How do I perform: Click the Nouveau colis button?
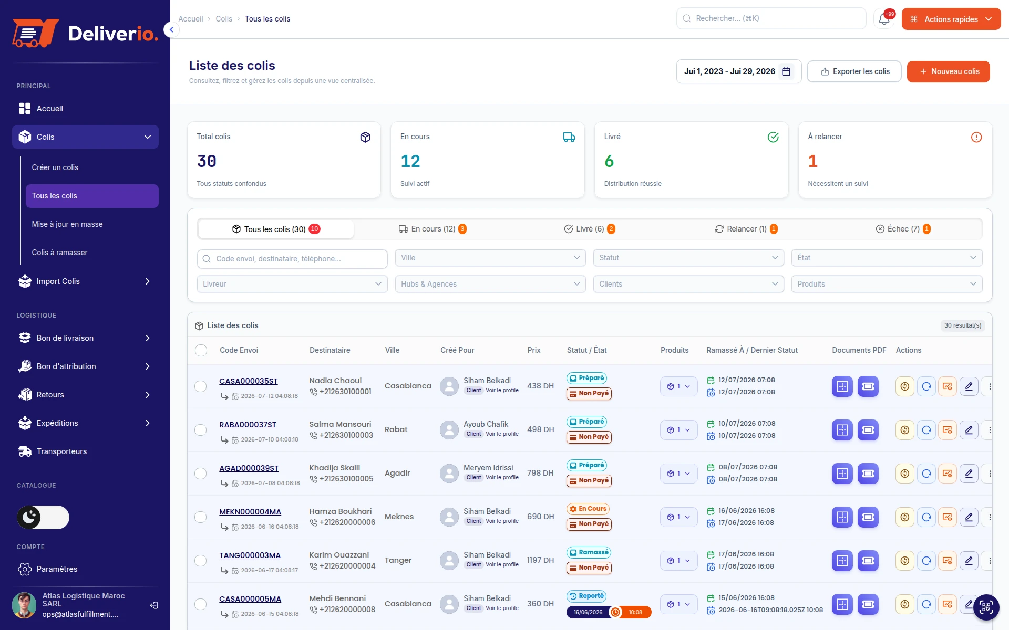(x=948, y=71)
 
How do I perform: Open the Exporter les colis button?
(x=854, y=71)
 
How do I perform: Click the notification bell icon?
(x=884, y=19)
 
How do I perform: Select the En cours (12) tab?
(x=433, y=229)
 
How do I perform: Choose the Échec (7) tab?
(x=903, y=229)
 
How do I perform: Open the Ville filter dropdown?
(x=490, y=258)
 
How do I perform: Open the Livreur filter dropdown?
(x=292, y=284)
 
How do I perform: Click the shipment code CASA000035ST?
(x=249, y=381)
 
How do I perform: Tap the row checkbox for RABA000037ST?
(x=201, y=430)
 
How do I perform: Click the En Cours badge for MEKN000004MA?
(x=588, y=509)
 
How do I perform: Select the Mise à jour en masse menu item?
(x=67, y=224)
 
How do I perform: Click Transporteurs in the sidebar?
(x=61, y=451)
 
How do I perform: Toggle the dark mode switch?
(x=43, y=518)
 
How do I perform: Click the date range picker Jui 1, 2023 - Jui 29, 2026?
(x=738, y=71)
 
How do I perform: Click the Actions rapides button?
(x=951, y=19)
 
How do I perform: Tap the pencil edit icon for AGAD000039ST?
(x=969, y=474)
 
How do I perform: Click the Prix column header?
(x=534, y=350)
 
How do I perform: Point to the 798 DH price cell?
(x=540, y=473)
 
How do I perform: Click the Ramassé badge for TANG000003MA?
(x=589, y=552)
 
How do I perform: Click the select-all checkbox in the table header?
(x=201, y=350)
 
